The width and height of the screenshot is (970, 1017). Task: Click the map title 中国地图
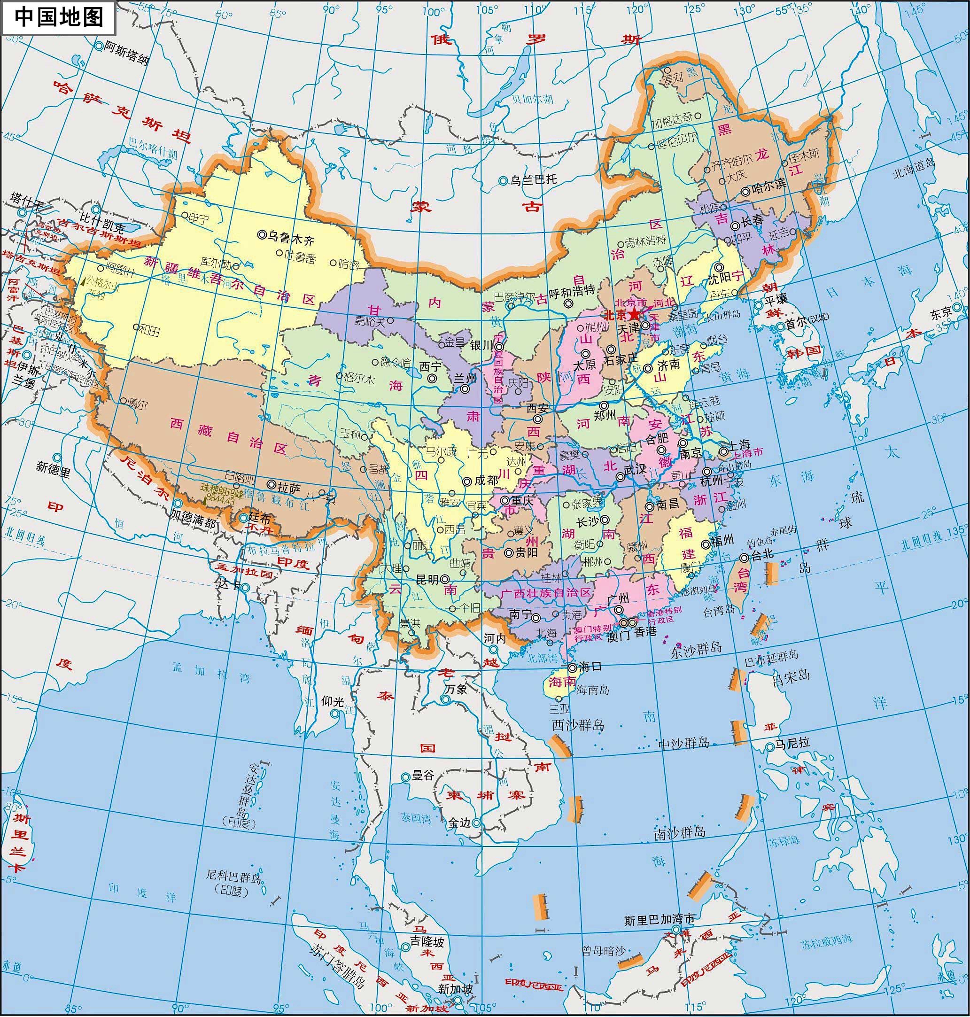click(58, 16)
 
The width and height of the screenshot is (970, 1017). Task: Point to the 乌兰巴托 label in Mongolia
click(534, 179)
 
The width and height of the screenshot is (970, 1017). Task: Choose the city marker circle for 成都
click(467, 481)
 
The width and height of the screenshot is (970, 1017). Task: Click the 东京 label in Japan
click(941, 312)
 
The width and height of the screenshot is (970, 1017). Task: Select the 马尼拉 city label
click(792, 743)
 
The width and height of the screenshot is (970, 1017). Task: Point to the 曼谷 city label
click(423, 775)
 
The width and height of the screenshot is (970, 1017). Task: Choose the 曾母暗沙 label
click(604, 951)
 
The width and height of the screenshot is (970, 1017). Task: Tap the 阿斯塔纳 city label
click(127, 52)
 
